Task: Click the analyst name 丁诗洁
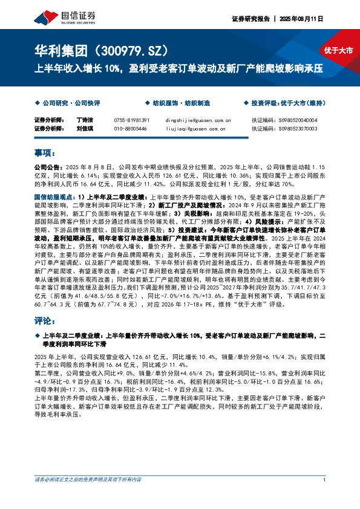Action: pos(86,120)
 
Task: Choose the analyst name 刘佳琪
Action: pos(86,129)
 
